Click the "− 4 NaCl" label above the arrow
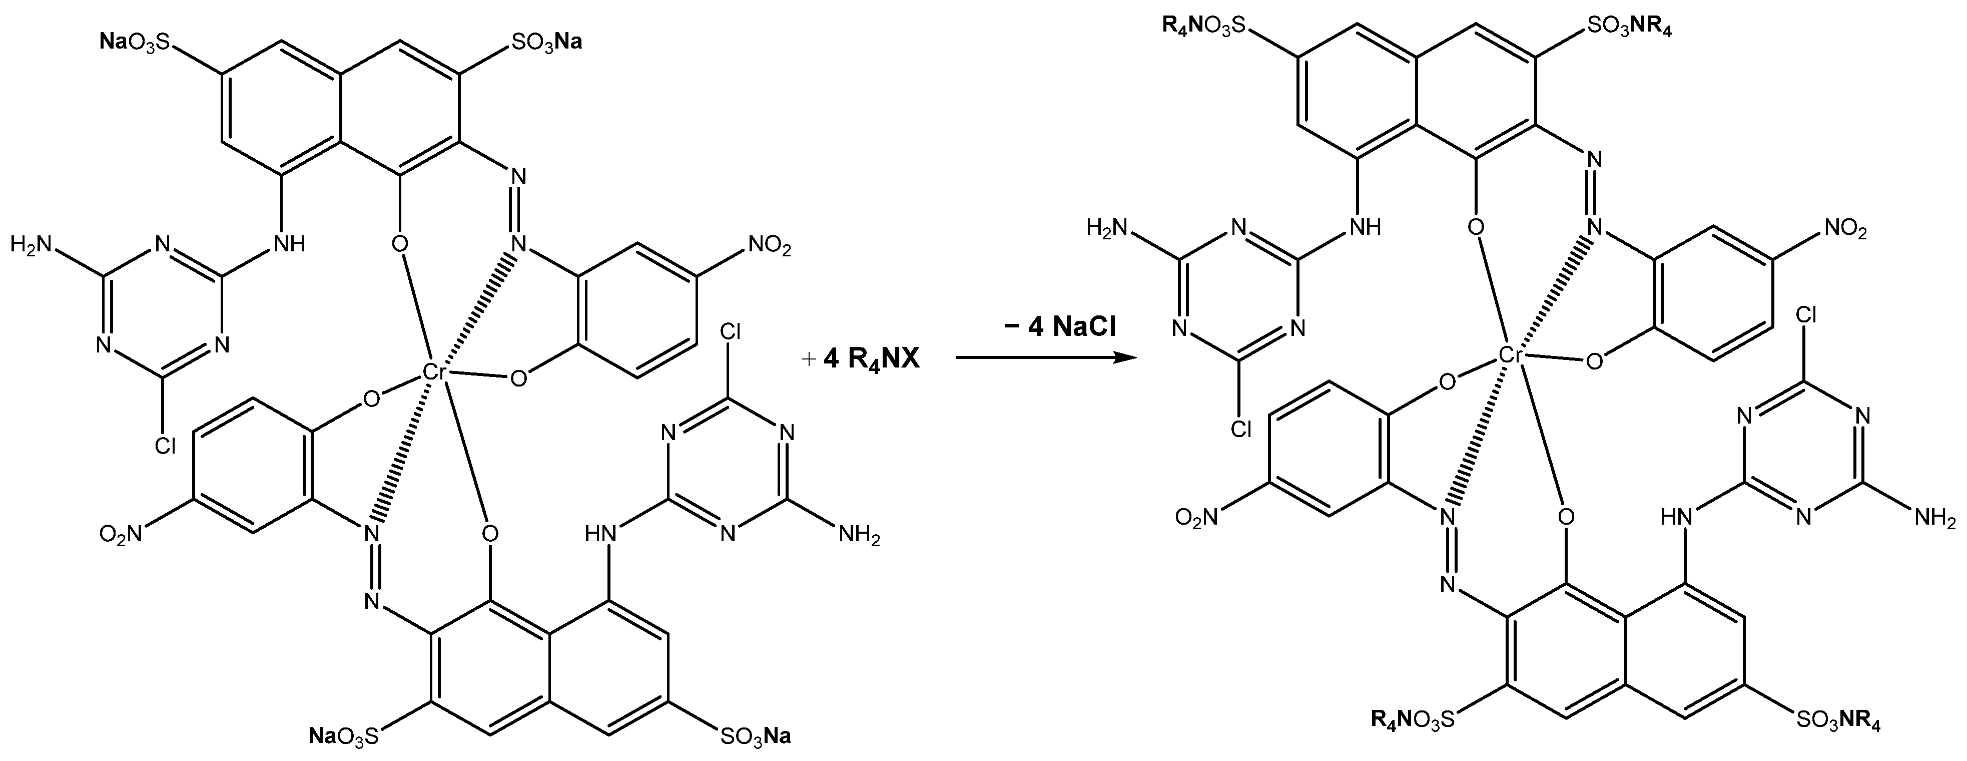[1060, 327]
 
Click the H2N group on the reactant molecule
[32, 244]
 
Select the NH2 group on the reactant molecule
[859, 533]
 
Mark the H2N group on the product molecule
[1108, 227]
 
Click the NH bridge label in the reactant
[288, 244]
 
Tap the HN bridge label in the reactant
[601, 533]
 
